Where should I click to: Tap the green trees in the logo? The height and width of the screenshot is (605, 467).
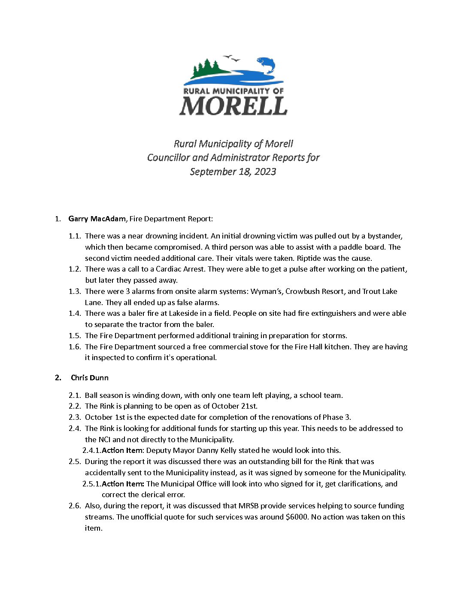[207, 69]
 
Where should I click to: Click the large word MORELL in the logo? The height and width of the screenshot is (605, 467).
[233, 106]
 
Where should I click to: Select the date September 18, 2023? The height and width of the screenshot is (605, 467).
[233, 171]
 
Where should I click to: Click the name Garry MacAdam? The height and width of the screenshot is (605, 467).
[97, 219]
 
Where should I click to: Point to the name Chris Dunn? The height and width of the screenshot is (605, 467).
[90, 378]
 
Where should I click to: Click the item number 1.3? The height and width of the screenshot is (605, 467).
[75, 291]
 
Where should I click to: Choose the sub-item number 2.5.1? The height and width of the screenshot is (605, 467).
[91, 484]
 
